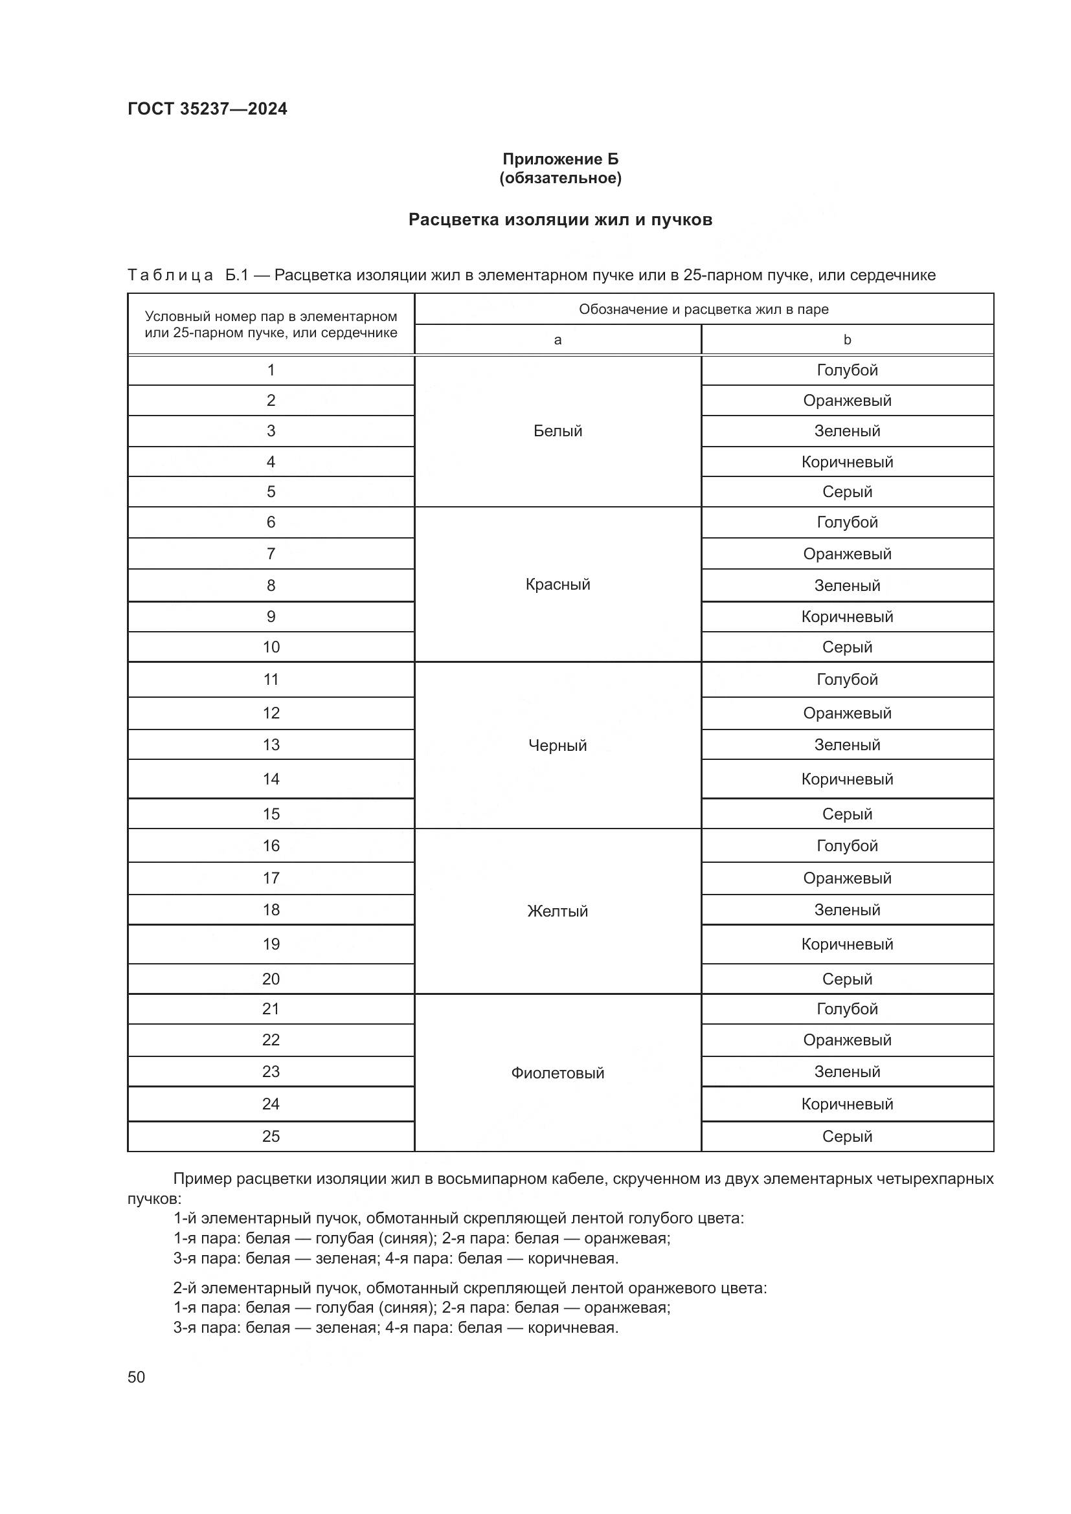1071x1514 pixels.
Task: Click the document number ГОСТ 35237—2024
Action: [207, 109]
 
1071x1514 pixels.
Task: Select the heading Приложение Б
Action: [560, 159]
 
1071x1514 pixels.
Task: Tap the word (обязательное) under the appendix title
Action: [560, 178]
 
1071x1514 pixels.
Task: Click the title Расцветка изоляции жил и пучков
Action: [560, 219]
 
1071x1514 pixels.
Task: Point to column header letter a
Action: [558, 340]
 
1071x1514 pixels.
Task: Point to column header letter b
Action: [847, 340]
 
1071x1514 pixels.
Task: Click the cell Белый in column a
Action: [558, 430]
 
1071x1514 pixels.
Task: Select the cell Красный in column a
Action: [558, 584]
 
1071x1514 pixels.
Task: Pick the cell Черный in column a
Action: [558, 745]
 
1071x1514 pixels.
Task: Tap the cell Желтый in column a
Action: [558, 911]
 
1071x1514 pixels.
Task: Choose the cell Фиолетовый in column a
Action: [558, 1073]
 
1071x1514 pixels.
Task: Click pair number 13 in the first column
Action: [271, 744]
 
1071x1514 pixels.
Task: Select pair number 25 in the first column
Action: [271, 1136]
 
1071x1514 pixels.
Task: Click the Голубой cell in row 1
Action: [847, 370]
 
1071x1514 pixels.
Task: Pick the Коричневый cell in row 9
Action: [847, 617]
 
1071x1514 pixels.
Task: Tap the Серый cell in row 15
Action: [847, 814]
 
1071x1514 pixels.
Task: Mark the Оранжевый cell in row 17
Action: [847, 878]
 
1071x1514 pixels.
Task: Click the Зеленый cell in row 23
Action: [847, 1071]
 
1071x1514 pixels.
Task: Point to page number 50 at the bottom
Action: [136, 1377]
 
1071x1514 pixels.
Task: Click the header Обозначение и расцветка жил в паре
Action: [703, 309]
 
